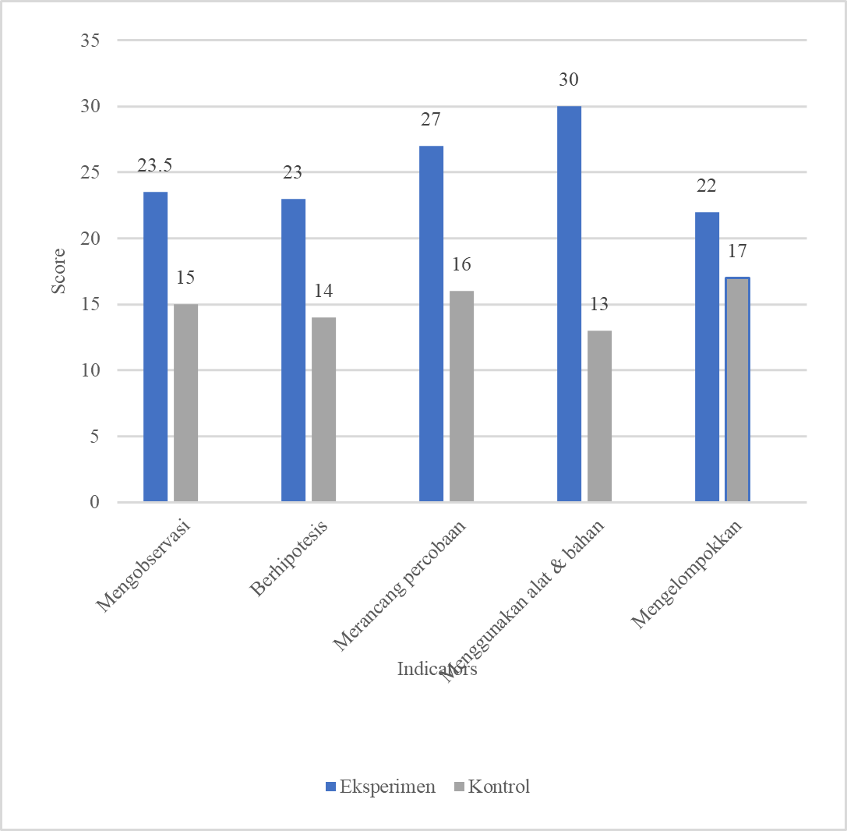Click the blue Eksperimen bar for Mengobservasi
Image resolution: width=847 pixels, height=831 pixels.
pyautogui.click(x=155, y=346)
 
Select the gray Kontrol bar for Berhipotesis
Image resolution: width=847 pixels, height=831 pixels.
pyautogui.click(x=323, y=409)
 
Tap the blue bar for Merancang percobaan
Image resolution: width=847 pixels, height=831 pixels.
pyautogui.click(x=431, y=324)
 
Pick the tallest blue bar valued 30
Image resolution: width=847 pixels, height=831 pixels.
pyautogui.click(x=569, y=304)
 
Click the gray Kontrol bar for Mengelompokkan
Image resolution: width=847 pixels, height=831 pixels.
pyautogui.click(x=737, y=390)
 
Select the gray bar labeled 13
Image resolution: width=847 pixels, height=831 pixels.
pyautogui.click(x=599, y=416)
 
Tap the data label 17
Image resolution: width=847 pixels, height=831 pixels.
pyautogui.click(x=737, y=253)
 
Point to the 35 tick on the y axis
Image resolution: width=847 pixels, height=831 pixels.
pyautogui.click(x=90, y=41)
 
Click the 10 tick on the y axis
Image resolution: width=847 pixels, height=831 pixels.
pyautogui.click(x=90, y=370)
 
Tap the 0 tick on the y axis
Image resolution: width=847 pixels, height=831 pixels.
pyautogui.click(x=94, y=503)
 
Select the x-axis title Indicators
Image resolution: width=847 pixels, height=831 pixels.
pyautogui.click(x=436, y=669)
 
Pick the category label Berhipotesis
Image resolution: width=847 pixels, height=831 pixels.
pyautogui.click(x=289, y=560)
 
